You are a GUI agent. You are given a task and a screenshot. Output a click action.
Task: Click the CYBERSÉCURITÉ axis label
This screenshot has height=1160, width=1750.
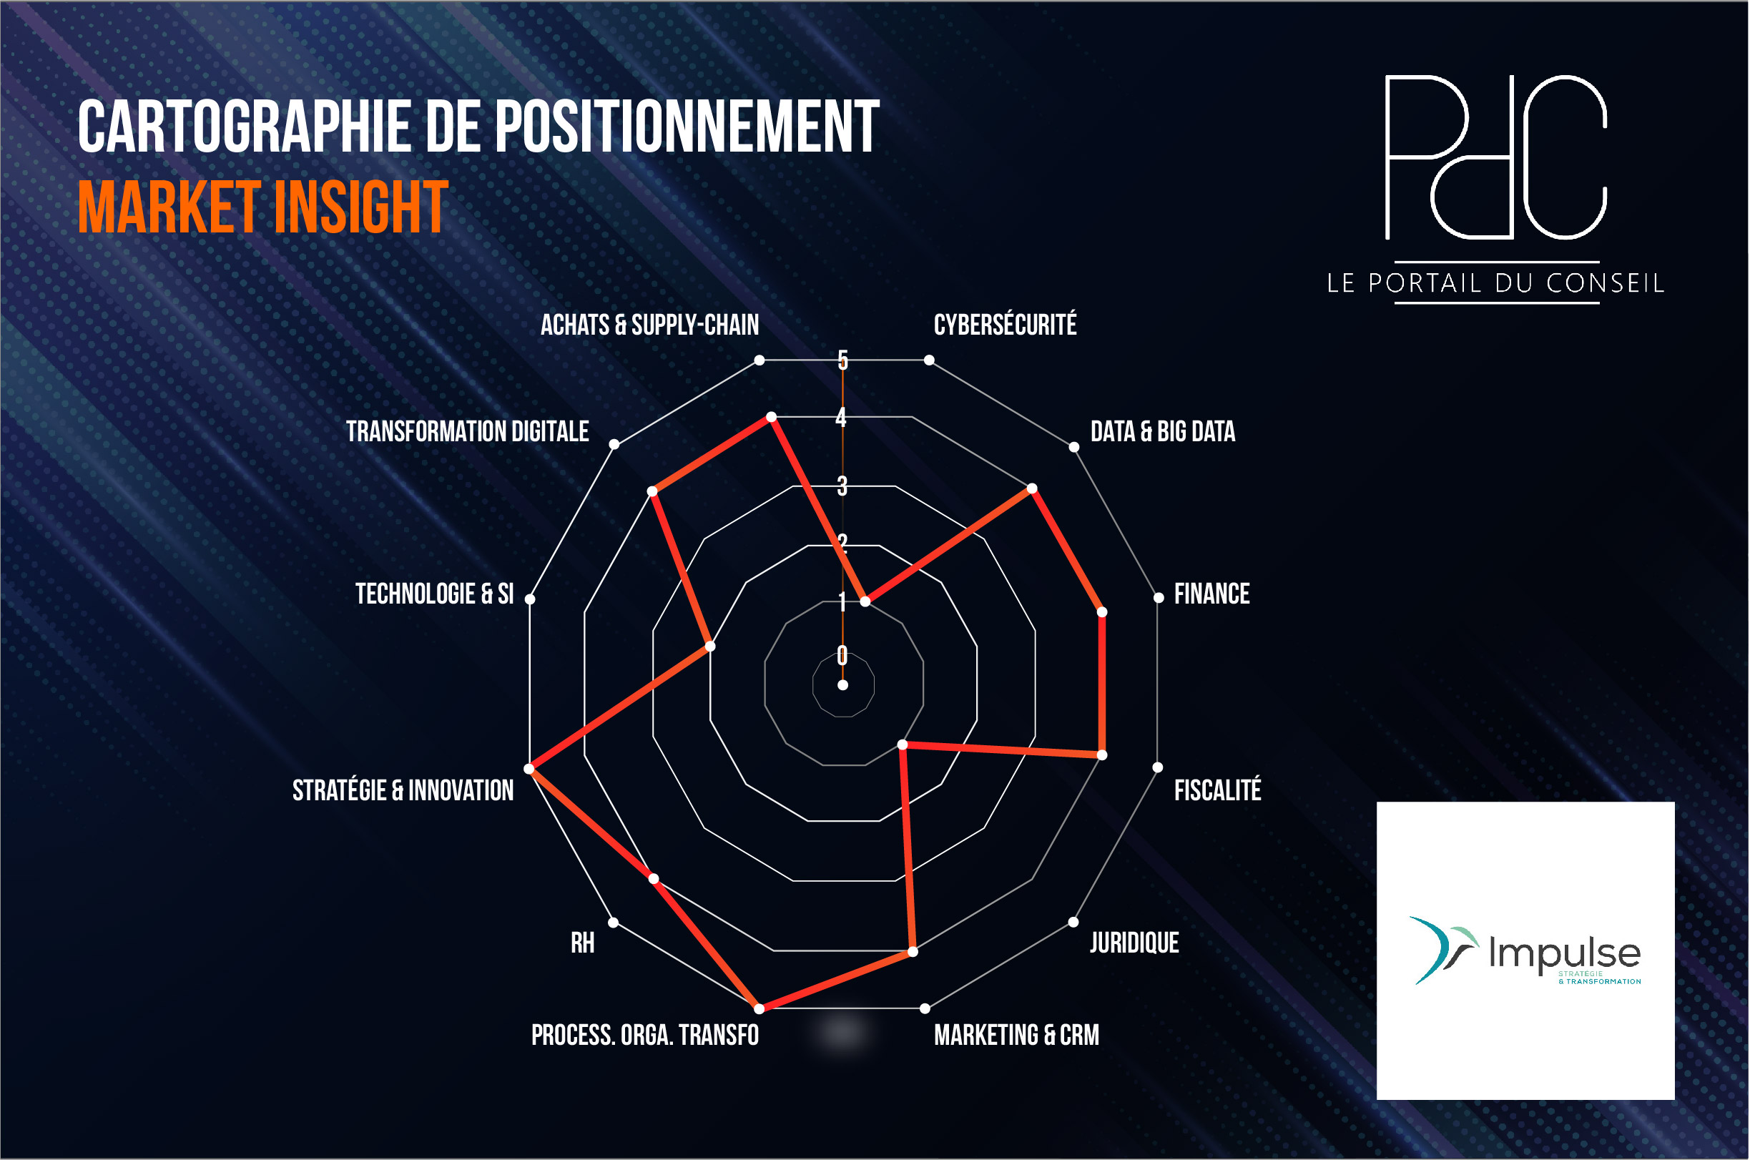pos(1006,325)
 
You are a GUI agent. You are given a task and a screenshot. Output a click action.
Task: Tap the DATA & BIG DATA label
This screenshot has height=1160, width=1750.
pos(1163,431)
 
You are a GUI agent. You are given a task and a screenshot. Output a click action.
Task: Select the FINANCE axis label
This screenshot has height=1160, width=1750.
pos(1211,594)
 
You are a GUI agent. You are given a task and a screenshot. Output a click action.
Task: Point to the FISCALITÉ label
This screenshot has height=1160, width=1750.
pos(1217,790)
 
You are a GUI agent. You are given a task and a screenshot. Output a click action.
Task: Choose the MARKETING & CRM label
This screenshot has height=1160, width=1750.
pos(1016,1034)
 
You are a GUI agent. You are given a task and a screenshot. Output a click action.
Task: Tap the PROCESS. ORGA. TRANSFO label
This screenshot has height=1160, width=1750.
pos(645,1034)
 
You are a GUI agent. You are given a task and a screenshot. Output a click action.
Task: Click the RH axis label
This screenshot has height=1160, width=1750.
pos(582,943)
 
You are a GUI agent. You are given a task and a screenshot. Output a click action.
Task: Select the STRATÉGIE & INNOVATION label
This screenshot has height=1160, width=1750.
pos(403,790)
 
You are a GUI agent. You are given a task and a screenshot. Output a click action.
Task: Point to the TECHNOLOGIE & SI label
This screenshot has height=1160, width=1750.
pos(434,594)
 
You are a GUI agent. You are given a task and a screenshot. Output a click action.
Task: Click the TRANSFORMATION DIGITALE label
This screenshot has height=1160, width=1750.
pos(468,431)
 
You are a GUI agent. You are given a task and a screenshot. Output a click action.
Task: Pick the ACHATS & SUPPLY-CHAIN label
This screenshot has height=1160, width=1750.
pos(649,325)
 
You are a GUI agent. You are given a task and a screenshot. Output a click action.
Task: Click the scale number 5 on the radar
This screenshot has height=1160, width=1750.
pos(842,360)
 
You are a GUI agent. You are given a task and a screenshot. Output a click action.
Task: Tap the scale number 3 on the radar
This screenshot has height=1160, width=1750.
pos(842,486)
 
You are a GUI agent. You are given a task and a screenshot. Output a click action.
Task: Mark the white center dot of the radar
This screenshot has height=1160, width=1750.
pos(842,685)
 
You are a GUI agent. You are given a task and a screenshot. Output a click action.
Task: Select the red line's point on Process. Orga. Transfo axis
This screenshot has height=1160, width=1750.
pos(759,1008)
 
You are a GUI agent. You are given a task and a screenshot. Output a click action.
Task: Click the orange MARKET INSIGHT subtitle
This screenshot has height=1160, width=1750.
pos(262,207)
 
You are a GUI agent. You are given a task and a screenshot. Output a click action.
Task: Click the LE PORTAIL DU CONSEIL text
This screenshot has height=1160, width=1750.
pos(1495,282)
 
